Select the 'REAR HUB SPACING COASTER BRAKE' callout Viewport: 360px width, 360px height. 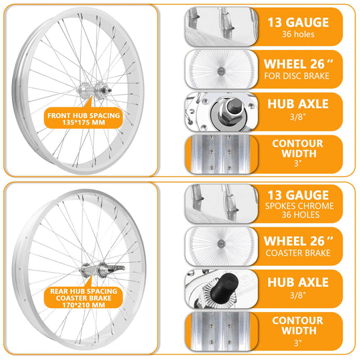click(x=84, y=296)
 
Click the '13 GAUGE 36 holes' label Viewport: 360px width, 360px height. click(x=298, y=27)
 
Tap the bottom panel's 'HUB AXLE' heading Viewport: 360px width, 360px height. click(x=298, y=282)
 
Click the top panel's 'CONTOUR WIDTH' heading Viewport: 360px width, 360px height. click(x=298, y=149)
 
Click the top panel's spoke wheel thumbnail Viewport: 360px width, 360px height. click(x=221, y=68)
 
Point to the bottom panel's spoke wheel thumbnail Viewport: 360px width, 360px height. click(x=221, y=245)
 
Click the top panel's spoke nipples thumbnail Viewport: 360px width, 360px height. click(x=221, y=25)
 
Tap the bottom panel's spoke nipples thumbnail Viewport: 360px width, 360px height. click(x=221, y=202)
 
